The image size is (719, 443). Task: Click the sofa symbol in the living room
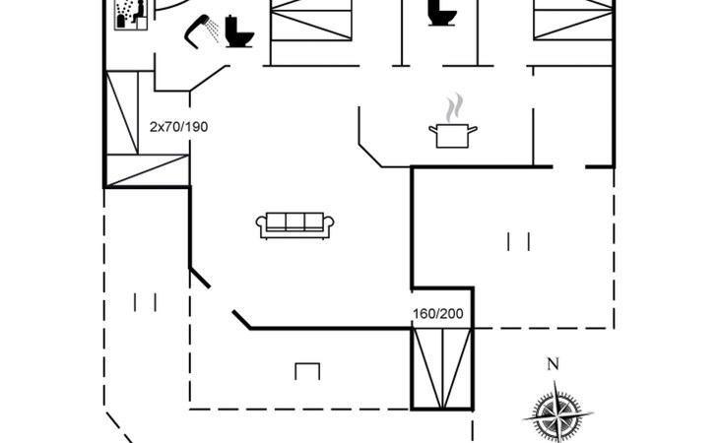point(294,225)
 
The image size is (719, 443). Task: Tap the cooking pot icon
point(452,135)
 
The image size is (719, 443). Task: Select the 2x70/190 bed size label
point(178,127)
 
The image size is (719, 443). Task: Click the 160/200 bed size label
point(437,315)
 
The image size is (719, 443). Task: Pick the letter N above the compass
point(553,365)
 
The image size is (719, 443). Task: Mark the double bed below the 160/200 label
point(442,368)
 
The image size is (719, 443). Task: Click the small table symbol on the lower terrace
point(307,371)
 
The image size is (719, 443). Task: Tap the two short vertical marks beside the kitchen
point(519,241)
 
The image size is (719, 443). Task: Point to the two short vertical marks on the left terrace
point(146,302)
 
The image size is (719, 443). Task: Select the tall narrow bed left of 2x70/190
point(125,112)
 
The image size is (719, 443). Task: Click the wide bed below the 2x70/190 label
point(148,170)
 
